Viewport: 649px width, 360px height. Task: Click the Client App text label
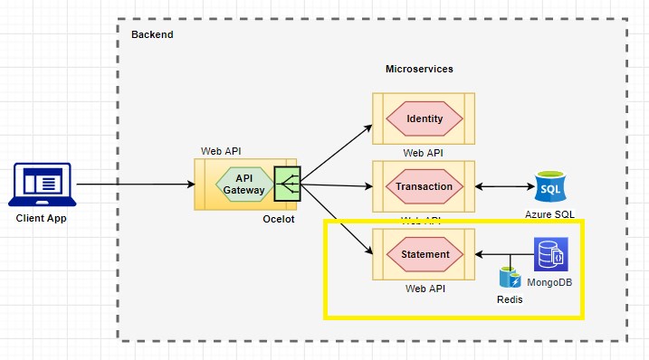(41, 218)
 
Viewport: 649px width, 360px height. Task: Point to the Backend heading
(152, 34)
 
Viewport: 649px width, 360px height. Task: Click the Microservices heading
(419, 69)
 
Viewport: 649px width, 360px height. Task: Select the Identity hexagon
(425, 119)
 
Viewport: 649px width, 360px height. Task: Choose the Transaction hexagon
(425, 187)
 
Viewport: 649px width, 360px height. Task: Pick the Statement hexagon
(425, 254)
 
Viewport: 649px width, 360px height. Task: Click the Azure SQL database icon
(549, 187)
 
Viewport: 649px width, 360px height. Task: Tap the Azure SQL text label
(549, 214)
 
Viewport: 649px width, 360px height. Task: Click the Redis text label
(510, 298)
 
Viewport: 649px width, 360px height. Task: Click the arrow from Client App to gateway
(136, 185)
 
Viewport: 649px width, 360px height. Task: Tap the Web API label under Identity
(423, 154)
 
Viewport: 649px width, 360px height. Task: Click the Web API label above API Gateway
(221, 151)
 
